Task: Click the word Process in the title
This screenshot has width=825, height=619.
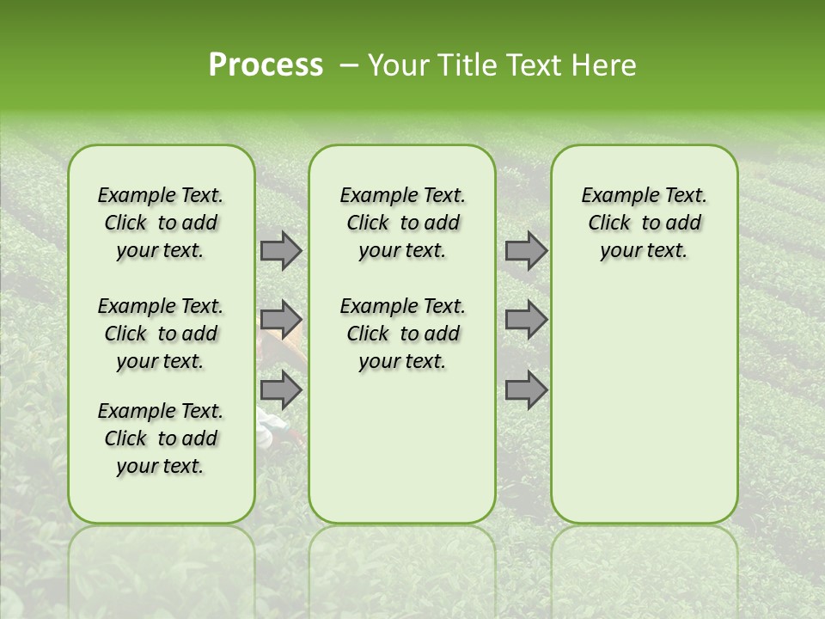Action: click(266, 65)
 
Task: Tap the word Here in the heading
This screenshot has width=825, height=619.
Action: click(604, 65)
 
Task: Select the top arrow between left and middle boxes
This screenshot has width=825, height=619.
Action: click(281, 251)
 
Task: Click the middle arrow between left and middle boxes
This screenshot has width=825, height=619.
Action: click(281, 320)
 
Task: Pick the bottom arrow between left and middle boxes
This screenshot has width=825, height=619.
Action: click(281, 389)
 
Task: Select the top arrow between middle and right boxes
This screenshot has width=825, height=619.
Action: click(526, 251)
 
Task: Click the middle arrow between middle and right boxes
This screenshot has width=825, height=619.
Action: click(526, 320)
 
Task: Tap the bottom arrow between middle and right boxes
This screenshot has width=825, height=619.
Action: click(526, 389)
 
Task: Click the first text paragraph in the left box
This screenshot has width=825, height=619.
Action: click(161, 223)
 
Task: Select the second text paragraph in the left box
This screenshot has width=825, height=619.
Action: click(161, 334)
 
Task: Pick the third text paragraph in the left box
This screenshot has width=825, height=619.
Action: click(161, 438)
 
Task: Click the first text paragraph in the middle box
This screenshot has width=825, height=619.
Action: click(403, 223)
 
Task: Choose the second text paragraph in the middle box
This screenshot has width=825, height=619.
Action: click(403, 334)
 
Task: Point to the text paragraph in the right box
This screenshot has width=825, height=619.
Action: click(645, 223)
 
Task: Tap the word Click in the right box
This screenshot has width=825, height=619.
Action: click(609, 224)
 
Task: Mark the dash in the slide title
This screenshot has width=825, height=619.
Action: click(349, 65)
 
